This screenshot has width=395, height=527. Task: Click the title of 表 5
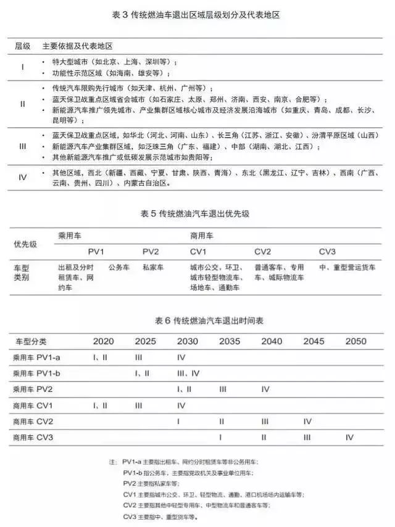tap(197, 214)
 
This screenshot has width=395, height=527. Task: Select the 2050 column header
tap(355, 341)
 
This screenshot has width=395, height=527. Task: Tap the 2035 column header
tap(230, 341)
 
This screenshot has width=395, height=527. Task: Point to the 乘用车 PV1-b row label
tap(37, 374)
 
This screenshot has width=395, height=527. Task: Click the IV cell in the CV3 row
tap(349, 437)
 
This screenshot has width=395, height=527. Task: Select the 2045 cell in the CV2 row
tap(307, 422)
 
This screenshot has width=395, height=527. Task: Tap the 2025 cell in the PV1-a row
tap(138, 357)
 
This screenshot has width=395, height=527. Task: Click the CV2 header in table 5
tap(263, 252)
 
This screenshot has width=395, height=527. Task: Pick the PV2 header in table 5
tap(151, 252)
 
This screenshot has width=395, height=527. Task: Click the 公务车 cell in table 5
tap(119, 268)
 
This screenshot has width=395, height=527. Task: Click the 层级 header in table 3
tap(23, 47)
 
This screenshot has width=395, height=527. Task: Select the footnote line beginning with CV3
tap(160, 517)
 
